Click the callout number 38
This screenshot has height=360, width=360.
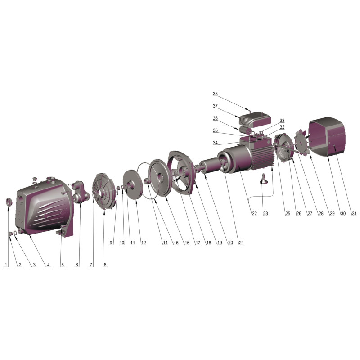[x=215, y=94]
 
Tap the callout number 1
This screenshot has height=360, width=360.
[x=6, y=265]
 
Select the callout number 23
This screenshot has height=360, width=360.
[x=265, y=213]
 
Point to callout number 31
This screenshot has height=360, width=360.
[x=354, y=213]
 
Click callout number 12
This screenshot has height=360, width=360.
[x=144, y=243]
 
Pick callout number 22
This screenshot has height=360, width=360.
[x=254, y=213]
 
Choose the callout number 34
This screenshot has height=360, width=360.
[x=215, y=143]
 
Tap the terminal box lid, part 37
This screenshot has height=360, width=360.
[x=255, y=120]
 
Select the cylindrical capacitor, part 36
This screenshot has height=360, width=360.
[x=245, y=130]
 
